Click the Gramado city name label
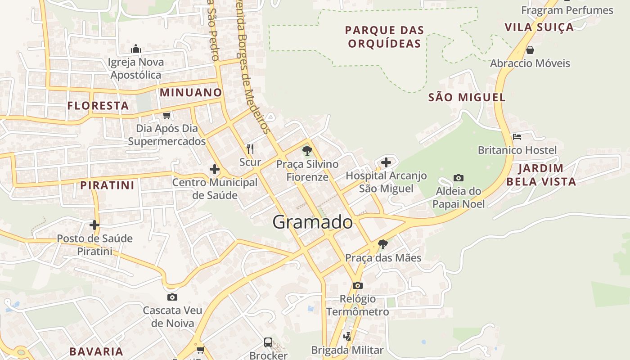point(313,222)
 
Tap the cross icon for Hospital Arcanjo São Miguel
point(386,162)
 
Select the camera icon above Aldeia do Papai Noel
point(459,178)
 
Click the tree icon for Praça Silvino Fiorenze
point(307,150)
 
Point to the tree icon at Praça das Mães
point(383,244)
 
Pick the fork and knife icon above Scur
point(250,148)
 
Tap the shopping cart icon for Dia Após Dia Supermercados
point(166,115)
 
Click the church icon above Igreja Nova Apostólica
point(136,49)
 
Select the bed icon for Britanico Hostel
point(517,137)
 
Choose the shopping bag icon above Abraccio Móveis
point(530,49)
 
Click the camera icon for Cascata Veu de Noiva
point(172,297)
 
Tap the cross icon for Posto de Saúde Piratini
point(94,225)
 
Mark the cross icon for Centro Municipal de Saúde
point(215,169)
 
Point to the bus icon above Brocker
point(268,342)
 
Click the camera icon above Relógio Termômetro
point(358,285)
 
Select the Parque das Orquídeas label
point(385,37)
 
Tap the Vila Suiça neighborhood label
point(539,27)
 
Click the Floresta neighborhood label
point(98,106)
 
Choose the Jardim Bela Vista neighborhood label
point(541,175)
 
